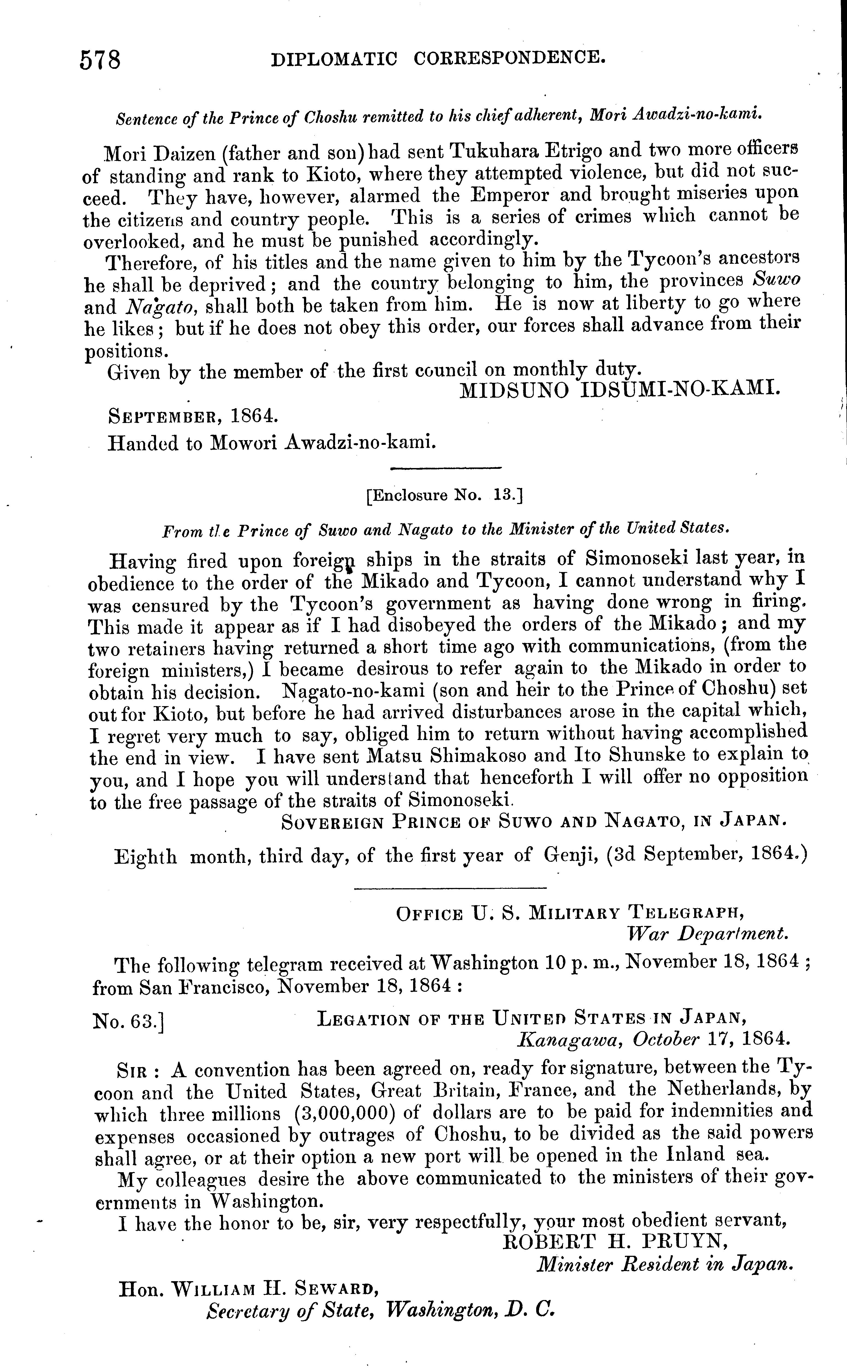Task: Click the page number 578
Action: point(100,60)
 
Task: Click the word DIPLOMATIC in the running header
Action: point(334,58)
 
